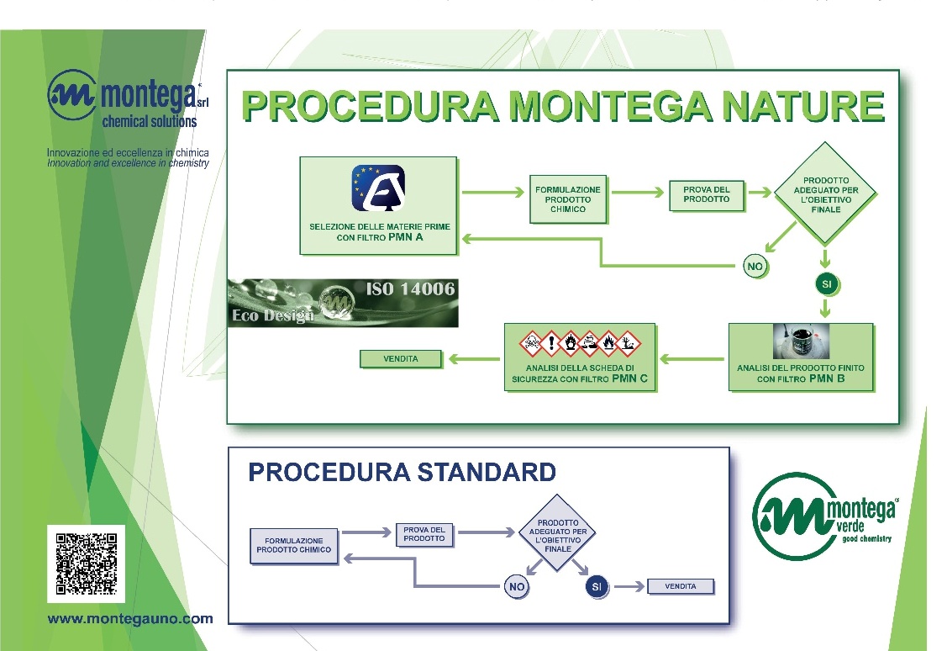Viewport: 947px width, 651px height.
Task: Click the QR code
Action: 86,564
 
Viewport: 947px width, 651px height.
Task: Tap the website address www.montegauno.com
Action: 130,619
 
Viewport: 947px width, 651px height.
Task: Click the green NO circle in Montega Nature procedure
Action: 755,267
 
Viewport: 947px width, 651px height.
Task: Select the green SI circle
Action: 827,284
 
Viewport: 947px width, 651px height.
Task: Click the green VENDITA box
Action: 401,359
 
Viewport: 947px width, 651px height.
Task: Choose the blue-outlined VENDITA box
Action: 680,586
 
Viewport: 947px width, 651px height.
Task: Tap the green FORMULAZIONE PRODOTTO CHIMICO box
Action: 568,199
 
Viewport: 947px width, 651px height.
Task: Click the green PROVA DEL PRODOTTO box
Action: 707,194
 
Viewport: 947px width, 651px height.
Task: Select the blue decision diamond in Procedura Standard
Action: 558,533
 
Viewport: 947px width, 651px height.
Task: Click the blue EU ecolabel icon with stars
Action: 377,188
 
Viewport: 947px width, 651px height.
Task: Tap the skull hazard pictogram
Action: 531,341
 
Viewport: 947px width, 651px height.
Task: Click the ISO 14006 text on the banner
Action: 410,289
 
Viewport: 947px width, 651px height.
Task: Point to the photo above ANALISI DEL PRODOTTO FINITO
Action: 800,341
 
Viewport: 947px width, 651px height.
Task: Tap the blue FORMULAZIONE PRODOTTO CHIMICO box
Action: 293,545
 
